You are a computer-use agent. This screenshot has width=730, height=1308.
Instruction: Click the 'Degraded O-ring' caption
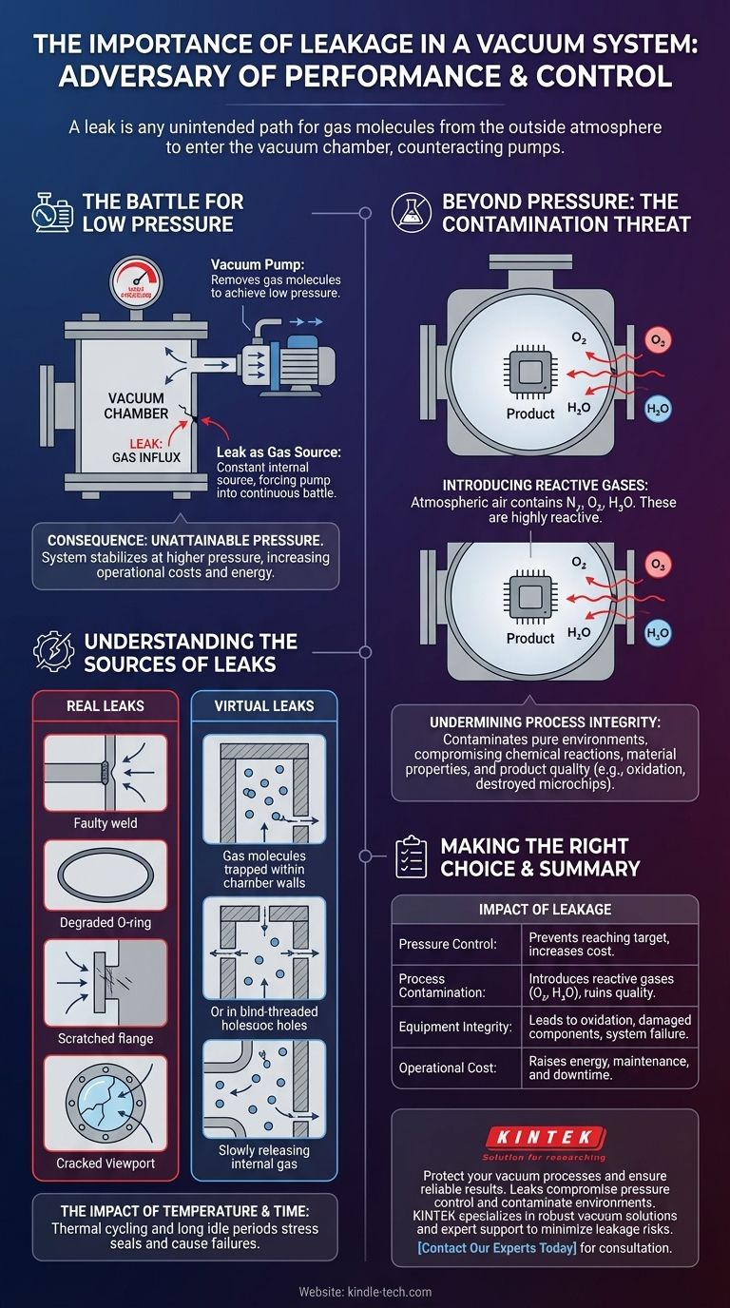106,923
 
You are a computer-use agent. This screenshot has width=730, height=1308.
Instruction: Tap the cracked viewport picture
106,1102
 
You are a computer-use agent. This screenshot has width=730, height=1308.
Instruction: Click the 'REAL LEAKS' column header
106,706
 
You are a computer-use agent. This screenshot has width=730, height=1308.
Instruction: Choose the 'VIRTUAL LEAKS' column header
263,706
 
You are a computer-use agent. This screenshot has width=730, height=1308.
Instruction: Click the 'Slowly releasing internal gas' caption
263,1158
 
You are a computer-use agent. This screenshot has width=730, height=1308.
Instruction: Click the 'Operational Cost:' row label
448,1068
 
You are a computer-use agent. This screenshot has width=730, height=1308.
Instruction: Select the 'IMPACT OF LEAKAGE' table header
545,908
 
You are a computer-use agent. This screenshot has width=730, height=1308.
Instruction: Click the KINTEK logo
544,1138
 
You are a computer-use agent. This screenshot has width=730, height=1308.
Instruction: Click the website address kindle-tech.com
365,1291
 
